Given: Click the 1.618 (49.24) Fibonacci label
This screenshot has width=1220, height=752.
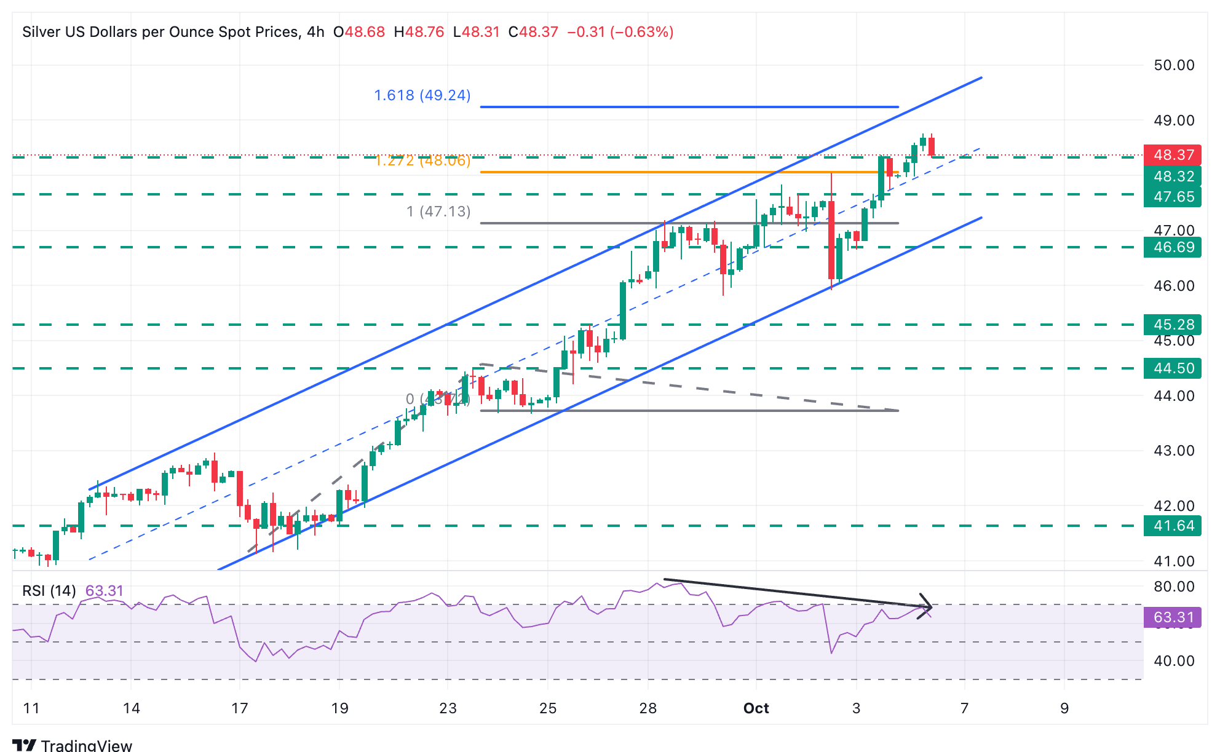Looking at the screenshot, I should [422, 95].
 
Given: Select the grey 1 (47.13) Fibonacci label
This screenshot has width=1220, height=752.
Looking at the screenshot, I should [438, 212].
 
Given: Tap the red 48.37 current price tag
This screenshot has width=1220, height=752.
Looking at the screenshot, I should [1173, 155].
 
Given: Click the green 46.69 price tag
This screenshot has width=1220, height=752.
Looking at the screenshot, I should [1173, 247].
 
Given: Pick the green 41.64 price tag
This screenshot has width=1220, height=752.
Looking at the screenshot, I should [1173, 526].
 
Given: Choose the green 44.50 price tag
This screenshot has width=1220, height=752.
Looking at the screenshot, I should [1173, 368].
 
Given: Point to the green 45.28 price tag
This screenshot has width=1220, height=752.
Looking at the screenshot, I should [1173, 324].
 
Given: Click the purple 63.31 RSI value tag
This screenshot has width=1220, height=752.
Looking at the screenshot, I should [1173, 617].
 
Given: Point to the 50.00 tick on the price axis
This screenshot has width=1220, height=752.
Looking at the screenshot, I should [1174, 65].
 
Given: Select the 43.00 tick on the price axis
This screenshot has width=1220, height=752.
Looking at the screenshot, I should [1174, 451].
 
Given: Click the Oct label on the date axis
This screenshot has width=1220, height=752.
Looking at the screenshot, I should [756, 708].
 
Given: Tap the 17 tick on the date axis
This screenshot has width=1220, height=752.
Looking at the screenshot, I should [240, 708].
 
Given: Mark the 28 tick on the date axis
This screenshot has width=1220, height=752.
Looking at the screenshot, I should [648, 708].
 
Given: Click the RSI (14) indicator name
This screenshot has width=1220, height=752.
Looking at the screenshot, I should [49, 591].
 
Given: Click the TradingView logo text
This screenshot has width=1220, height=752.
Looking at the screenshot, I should [86, 745].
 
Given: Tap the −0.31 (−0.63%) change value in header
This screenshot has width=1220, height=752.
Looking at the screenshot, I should [620, 32].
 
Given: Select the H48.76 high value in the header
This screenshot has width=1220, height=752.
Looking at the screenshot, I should [419, 32].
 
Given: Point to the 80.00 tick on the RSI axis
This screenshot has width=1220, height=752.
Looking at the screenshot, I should [1174, 587].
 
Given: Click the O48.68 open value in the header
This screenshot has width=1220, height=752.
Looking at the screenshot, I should [359, 32].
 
